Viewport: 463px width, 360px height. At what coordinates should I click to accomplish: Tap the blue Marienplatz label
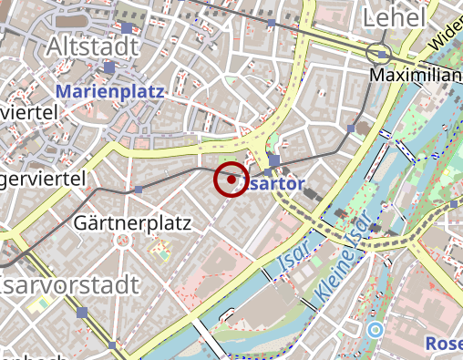click(109, 91)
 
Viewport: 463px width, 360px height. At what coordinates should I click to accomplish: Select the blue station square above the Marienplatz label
click(109, 67)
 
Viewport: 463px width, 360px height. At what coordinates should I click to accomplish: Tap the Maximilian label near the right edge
click(416, 76)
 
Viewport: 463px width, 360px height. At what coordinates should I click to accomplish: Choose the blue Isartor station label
click(272, 183)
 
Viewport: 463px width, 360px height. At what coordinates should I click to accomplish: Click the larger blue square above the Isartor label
click(274, 160)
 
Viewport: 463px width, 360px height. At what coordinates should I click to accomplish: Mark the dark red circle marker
click(231, 180)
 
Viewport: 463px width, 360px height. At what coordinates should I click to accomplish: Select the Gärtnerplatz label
click(132, 221)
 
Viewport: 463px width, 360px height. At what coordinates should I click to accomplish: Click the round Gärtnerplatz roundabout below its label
click(122, 240)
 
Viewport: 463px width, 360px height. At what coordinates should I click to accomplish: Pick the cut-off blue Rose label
click(444, 344)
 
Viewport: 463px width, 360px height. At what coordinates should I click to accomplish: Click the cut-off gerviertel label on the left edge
click(43, 177)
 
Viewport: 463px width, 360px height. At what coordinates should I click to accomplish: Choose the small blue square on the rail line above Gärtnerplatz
click(139, 190)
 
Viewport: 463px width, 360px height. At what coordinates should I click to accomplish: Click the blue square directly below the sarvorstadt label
click(82, 313)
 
